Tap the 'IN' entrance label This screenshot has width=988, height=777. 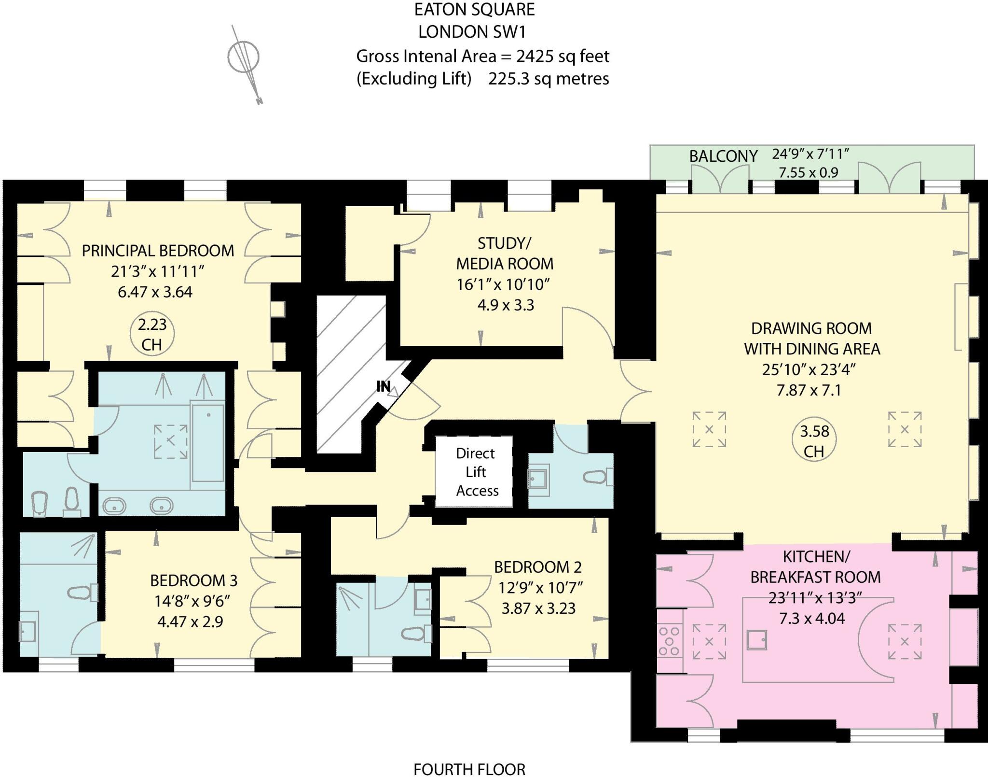[384, 386]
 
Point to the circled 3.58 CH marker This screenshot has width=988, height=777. [814, 440]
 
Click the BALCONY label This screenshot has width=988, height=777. [723, 156]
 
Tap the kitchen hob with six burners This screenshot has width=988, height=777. [669, 640]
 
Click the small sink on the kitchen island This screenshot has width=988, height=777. [756, 640]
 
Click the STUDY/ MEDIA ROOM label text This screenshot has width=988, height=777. [505, 253]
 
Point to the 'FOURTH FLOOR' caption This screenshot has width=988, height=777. [469, 769]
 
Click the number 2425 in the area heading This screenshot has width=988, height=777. [535, 57]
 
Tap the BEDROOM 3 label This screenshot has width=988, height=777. [193, 580]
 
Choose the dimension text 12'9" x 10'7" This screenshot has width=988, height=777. [540, 588]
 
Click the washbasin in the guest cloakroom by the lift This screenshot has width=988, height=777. [538, 480]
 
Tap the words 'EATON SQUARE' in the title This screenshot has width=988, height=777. [474, 10]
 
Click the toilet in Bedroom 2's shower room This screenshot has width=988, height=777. [416, 634]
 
